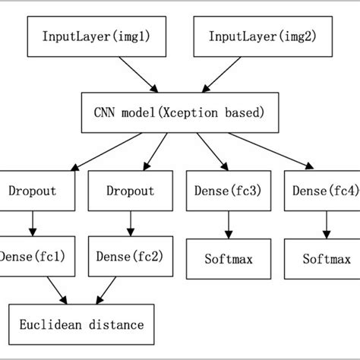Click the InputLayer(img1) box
click(84, 36)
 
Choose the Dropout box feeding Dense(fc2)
click(131, 192)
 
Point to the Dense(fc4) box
click(322, 192)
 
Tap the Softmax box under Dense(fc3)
click(227, 259)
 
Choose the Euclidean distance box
click(84, 325)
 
